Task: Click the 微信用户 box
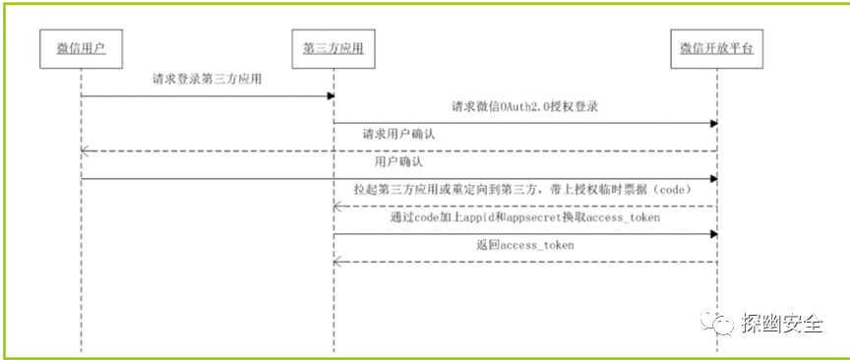pos(81,49)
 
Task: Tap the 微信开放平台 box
pos(717,49)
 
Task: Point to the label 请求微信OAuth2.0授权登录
pos(525,106)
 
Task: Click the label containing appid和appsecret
pos(523,216)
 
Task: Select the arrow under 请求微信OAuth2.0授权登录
pos(525,123)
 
